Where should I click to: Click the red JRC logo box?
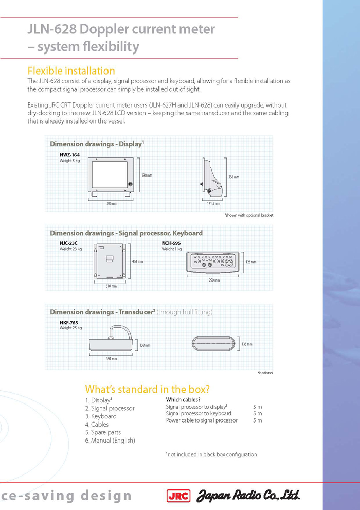pyautogui.click(x=178, y=496)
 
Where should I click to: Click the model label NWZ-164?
pyautogui.click(x=69, y=155)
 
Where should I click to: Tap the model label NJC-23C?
pyautogui.click(x=68, y=243)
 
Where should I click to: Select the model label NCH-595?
pyautogui.click(x=171, y=243)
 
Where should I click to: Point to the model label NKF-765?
pyautogui.click(x=68, y=323)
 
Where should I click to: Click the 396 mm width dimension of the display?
pyautogui.click(x=112, y=203)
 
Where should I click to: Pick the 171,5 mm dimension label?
pyautogui.click(x=213, y=203)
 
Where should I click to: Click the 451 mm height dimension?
pyautogui.click(x=137, y=261)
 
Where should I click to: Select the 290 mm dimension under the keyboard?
pyautogui.click(x=214, y=280)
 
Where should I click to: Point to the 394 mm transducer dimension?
pyautogui.click(x=112, y=358)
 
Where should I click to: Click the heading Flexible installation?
pyautogui.click(x=71, y=71)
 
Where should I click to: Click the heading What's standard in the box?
pyautogui.click(x=148, y=389)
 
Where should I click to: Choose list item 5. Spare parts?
pyautogui.click(x=103, y=432)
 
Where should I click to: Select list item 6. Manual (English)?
pyautogui.click(x=110, y=441)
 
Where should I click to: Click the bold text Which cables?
pyautogui.click(x=183, y=400)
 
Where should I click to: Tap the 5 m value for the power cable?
pyautogui.click(x=257, y=420)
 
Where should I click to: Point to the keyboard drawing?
pyautogui.click(x=213, y=262)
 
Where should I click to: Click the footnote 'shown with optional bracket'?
pyautogui.click(x=249, y=215)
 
